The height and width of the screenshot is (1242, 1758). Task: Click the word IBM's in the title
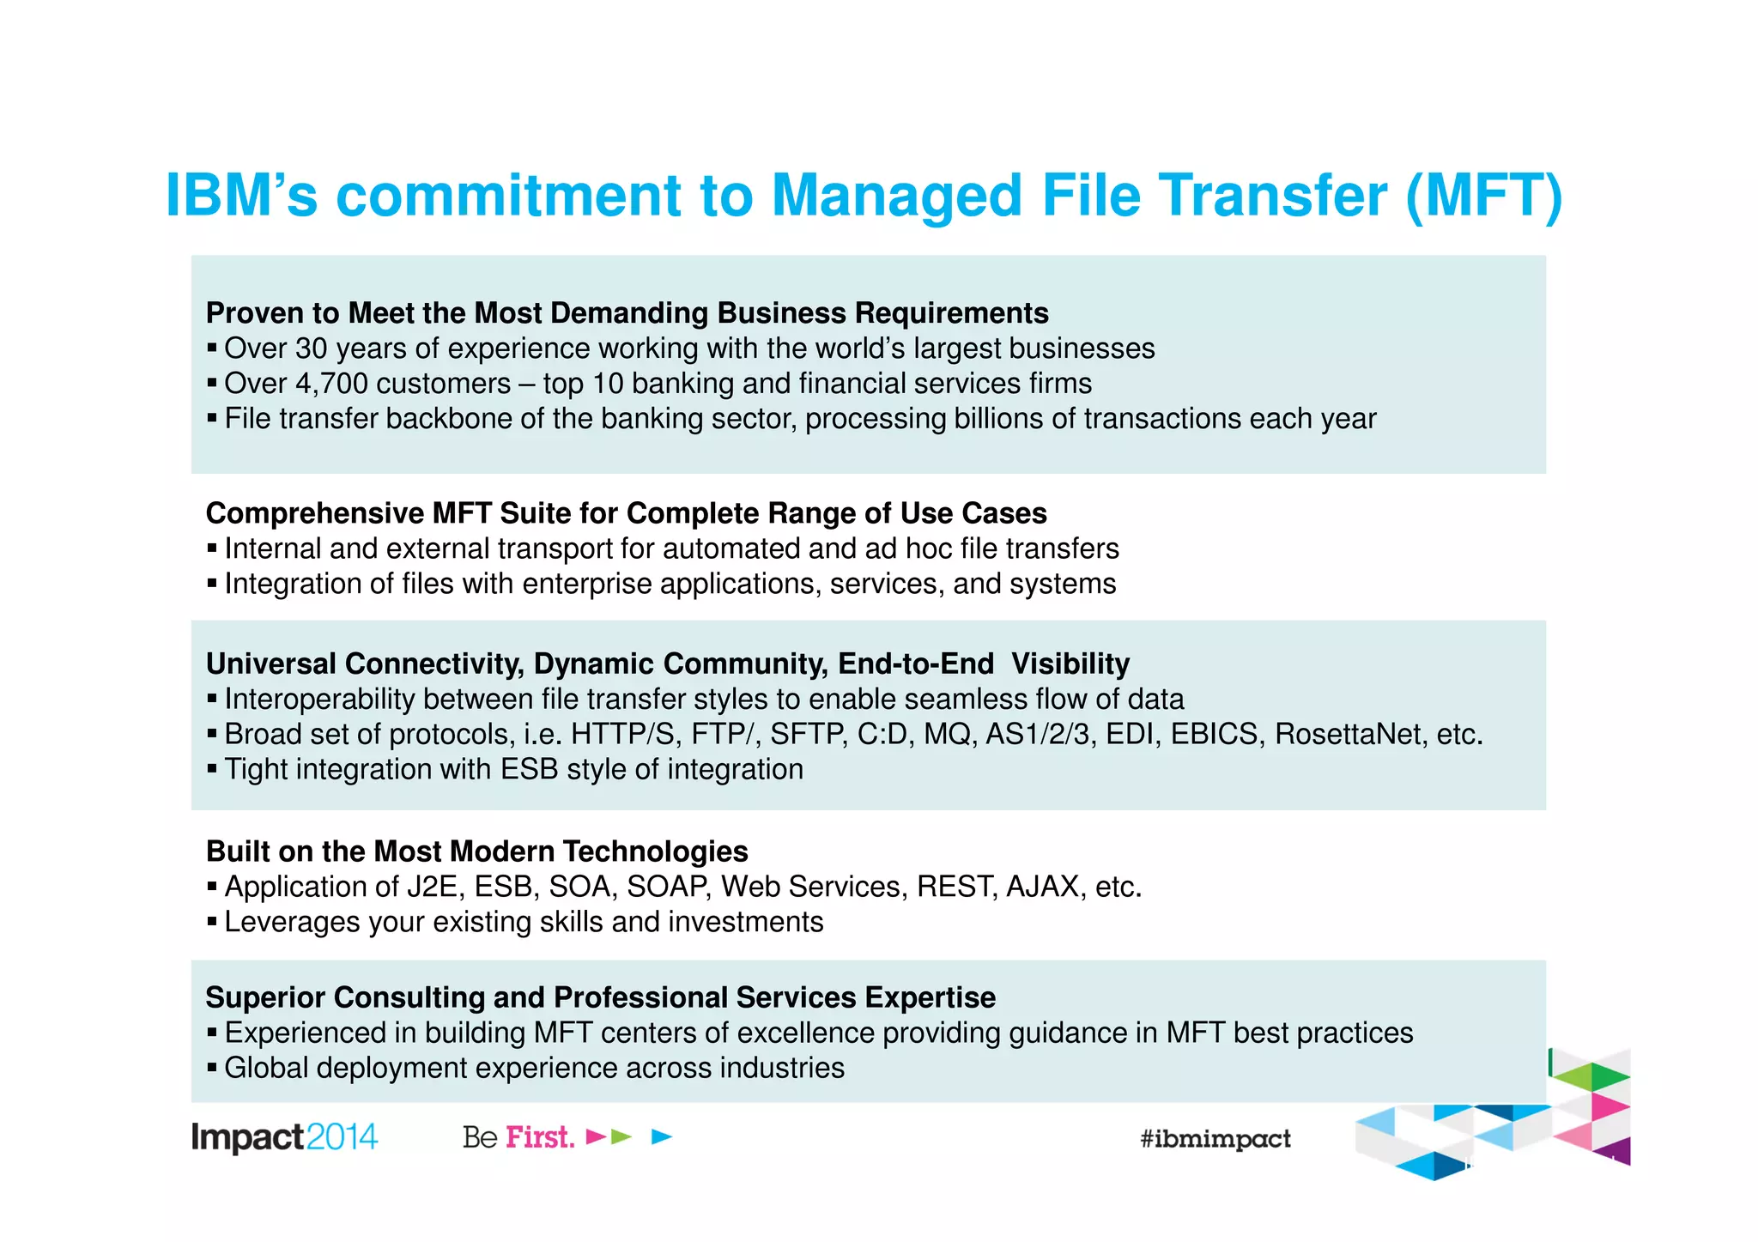[x=241, y=196]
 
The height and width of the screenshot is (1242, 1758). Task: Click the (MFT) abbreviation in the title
[x=1483, y=196]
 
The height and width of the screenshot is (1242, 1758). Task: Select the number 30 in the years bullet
[x=312, y=348]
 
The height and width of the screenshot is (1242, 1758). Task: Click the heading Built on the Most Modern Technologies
[x=476, y=851]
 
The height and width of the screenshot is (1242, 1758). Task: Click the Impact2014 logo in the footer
[x=284, y=1137]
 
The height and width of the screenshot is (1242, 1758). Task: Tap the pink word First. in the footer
[x=540, y=1137]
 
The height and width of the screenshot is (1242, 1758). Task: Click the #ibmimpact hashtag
[x=1215, y=1139]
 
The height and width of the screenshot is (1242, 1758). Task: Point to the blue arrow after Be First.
[x=661, y=1137]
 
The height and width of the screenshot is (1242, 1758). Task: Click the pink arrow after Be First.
[x=595, y=1137]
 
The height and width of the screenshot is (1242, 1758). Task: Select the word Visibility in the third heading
[x=1070, y=664]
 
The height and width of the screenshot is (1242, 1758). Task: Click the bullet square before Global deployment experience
[x=212, y=1069]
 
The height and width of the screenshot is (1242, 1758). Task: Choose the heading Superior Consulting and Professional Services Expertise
[x=600, y=997]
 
